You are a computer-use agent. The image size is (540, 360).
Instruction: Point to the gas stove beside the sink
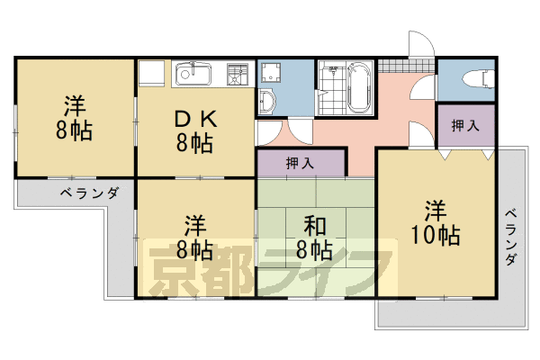coord(238,74)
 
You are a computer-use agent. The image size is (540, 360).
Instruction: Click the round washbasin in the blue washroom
coord(267,100)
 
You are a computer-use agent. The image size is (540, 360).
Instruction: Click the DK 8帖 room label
coord(193,130)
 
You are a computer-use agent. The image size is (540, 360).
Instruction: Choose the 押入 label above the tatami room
coord(300,163)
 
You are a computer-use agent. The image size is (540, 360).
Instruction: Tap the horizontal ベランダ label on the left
coord(90,193)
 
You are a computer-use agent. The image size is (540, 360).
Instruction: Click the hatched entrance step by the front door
coord(391,66)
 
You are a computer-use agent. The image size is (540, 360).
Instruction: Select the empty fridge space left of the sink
coord(152,73)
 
